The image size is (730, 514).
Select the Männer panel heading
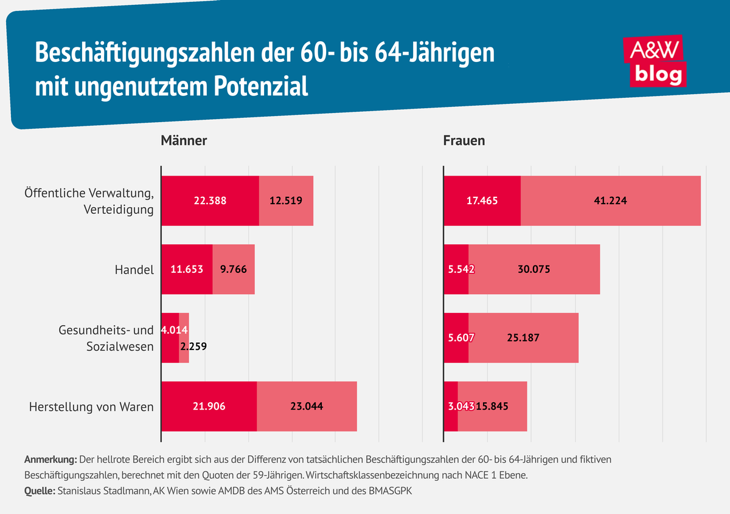pyautogui.click(x=184, y=140)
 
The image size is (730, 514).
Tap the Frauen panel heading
pyautogui.click(x=464, y=140)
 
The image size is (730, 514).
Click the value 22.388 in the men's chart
pyautogui.click(x=210, y=200)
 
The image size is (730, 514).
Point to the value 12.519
pyautogui.click(x=286, y=200)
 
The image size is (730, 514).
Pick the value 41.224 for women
pyautogui.click(x=610, y=200)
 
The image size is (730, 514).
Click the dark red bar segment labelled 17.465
pyautogui.click(x=482, y=200)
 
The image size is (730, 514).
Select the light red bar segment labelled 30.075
pyautogui.click(x=534, y=269)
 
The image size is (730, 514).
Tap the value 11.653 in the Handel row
pyautogui.click(x=187, y=269)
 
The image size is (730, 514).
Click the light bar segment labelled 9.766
pyautogui.click(x=234, y=269)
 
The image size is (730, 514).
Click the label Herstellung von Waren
pyautogui.click(x=91, y=406)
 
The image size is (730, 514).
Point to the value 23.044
pyautogui.click(x=306, y=406)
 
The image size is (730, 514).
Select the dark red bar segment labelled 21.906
pyautogui.click(x=209, y=406)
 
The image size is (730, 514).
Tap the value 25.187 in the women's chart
pyautogui.click(x=523, y=338)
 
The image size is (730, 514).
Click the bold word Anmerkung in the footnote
pyautogui.click(x=50, y=459)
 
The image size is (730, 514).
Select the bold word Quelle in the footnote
pyautogui.click(x=40, y=490)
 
